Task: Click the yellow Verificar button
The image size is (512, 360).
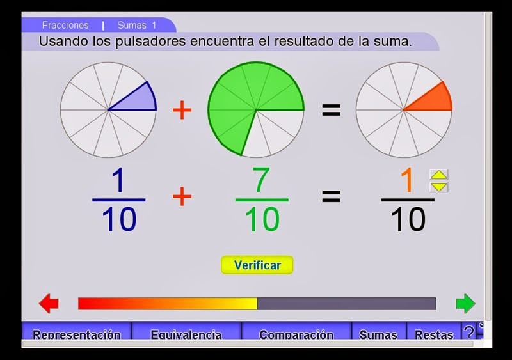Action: click(x=257, y=265)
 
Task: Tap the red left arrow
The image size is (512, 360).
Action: click(x=49, y=303)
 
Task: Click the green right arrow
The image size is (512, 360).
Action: click(x=465, y=303)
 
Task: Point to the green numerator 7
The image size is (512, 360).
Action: click(x=261, y=181)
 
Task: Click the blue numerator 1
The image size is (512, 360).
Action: click(x=118, y=181)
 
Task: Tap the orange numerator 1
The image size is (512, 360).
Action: click(x=408, y=181)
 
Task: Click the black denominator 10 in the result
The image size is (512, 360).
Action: click(x=408, y=219)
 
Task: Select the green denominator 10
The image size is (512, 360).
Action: click(x=261, y=219)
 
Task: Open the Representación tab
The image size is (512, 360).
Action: click(x=77, y=334)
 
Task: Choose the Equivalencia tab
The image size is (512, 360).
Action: click(x=186, y=334)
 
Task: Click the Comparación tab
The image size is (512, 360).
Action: click(x=296, y=334)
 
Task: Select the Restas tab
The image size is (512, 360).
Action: click(x=434, y=334)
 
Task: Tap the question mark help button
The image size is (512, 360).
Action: click(x=469, y=333)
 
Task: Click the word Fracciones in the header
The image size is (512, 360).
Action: click(x=65, y=26)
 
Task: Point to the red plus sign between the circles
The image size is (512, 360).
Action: click(x=182, y=110)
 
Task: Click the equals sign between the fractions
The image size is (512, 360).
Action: click(x=331, y=196)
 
